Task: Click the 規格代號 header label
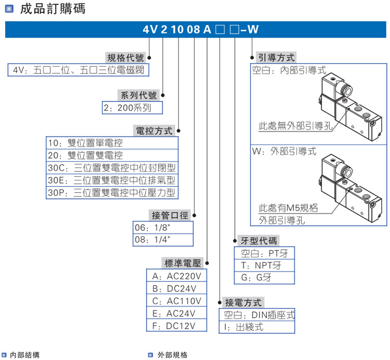click(125, 58)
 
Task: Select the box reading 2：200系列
click(132, 108)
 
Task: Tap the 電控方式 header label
click(153, 131)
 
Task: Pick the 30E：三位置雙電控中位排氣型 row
click(112, 181)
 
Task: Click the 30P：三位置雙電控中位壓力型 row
click(112, 193)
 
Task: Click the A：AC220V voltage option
click(177, 276)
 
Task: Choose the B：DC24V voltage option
click(177, 288)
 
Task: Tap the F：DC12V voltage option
click(177, 326)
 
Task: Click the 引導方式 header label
click(276, 58)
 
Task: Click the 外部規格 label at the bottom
click(172, 355)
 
